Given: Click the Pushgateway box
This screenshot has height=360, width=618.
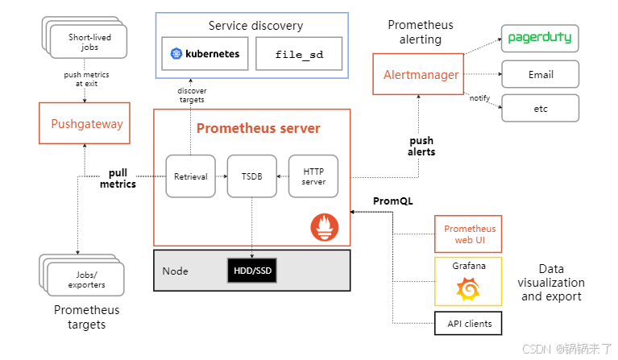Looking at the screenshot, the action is coord(85,123).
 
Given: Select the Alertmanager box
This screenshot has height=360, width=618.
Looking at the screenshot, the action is coord(418,74).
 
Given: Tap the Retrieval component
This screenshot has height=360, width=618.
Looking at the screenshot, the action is coord(191,176).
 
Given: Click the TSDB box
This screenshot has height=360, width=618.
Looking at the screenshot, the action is coord(252,176).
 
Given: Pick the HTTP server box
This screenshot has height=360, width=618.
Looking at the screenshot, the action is coord(313,176).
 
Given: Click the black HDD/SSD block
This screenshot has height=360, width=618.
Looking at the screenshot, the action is coord(252,271).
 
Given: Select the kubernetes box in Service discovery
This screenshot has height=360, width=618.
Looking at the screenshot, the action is coord(205,54).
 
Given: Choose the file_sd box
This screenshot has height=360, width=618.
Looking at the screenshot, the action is coord(299,54).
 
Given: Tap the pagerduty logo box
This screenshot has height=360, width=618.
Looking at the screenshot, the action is coord(540,38).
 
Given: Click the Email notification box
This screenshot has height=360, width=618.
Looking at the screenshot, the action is coord(540,74).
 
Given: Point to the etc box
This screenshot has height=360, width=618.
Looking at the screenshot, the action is coord(540,108).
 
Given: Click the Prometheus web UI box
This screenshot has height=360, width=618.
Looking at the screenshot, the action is coord(468,234).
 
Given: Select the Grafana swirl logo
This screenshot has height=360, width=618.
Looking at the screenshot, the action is coord(468,288).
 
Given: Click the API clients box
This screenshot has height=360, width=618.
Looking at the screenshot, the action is coord(468,324).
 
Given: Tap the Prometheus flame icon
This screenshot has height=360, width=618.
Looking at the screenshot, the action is coord(325,227).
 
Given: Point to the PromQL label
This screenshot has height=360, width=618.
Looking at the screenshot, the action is coord(393,201).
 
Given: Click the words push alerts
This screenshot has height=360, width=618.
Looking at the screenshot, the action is coord(421,146).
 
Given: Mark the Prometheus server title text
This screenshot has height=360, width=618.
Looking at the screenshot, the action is coord(259,128).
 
